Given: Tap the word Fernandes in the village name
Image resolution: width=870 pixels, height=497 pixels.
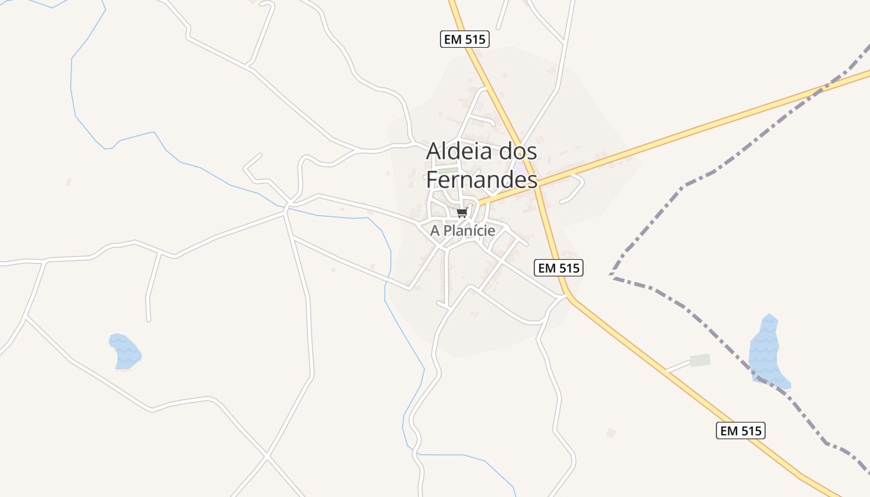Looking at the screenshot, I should [x=482, y=180].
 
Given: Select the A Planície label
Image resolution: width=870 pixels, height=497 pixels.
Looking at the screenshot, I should [x=462, y=230].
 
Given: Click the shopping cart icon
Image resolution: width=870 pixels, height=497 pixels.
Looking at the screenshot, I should [x=462, y=213].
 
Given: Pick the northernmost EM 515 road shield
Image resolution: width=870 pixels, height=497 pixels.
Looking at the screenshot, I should [x=465, y=39].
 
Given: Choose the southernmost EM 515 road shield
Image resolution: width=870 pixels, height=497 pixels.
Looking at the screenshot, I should [x=740, y=431].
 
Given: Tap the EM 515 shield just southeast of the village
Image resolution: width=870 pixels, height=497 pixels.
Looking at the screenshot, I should [x=558, y=268].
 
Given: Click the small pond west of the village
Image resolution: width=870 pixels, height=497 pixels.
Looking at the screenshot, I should [x=125, y=351].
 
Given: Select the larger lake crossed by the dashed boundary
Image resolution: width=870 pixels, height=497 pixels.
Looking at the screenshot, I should [x=768, y=352].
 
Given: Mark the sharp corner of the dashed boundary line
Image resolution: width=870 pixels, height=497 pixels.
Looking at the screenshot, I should [x=611, y=274].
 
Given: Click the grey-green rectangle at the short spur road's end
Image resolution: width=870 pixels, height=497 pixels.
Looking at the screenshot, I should [x=700, y=360].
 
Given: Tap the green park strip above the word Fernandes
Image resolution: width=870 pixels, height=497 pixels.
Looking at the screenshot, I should [x=448, y=170].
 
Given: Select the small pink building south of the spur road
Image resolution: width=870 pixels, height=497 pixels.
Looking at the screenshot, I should [x=611, y=432].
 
